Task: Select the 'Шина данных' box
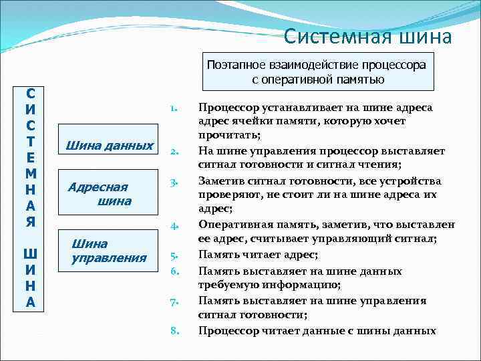click(110, 146)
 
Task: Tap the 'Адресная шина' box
click(110, 194)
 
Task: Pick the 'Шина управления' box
click(110, 251)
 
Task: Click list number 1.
click(173, 108)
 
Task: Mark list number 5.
click(173, 255)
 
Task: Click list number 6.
click(173, 271)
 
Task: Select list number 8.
click(173, 330)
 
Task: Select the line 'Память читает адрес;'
click(258, 255)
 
